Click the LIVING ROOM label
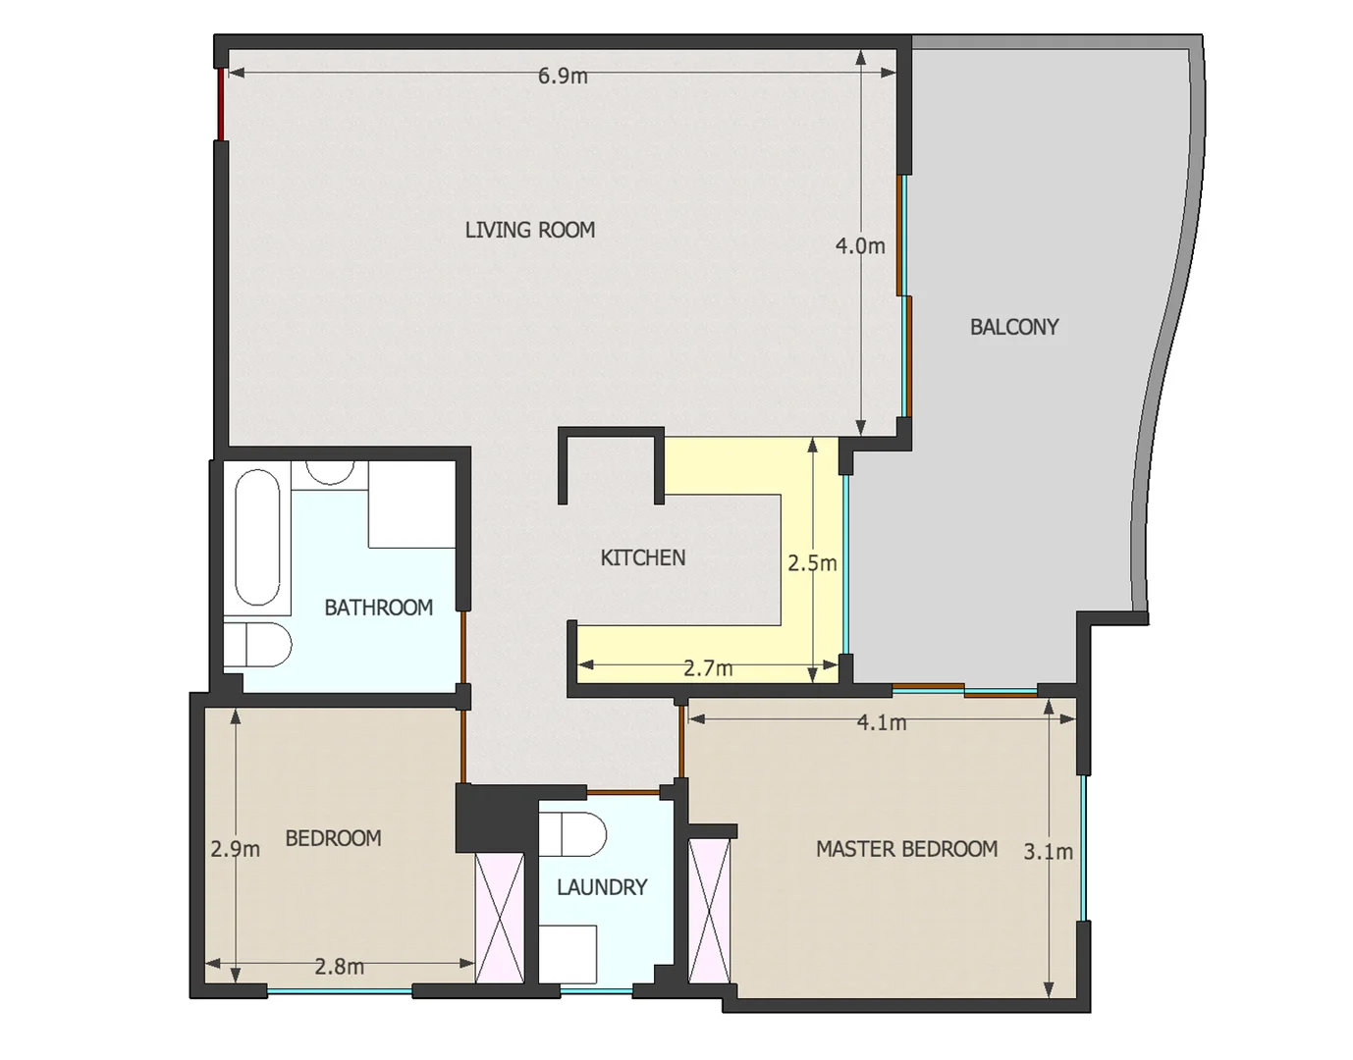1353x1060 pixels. click(529, 230)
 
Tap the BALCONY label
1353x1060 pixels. click(1013, 327)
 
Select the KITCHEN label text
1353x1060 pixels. click(642, 557)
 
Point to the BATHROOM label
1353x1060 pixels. click(378, 608)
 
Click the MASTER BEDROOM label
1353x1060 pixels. click(906, 849)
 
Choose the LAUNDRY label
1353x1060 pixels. click(602, 887)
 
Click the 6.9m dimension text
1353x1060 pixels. click(563, 77)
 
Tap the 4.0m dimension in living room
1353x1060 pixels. click(859, 246)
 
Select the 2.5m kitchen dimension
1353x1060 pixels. click(812, 563)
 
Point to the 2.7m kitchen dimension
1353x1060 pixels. click(708, 668)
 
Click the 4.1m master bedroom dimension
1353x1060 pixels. click(881, 723)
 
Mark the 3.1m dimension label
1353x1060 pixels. click(1048, 852)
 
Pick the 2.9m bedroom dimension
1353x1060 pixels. click(236, 849)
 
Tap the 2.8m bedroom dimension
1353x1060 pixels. click(339, 967)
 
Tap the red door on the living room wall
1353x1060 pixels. click(221, 104)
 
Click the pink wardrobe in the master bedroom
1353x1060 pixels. click(710, 911)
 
